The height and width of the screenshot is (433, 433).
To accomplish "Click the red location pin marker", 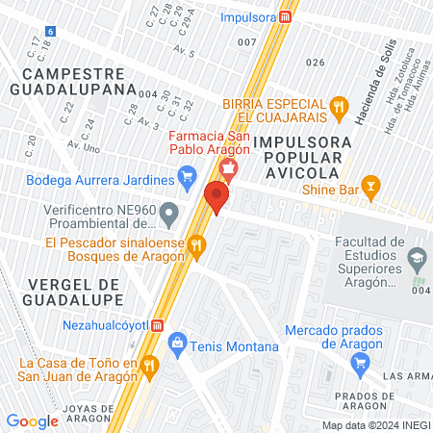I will (x=216, y=198).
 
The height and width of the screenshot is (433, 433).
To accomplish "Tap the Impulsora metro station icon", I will (x=286, y=17).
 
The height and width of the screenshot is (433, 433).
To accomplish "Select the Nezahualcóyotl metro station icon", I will (x=157, y=326).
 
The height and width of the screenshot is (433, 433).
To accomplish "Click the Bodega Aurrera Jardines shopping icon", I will (x=188, y=177).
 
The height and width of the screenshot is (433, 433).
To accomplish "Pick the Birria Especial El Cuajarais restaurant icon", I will (x=338, y=106).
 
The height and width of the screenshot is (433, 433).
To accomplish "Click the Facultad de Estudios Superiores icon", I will (x=417, y=258).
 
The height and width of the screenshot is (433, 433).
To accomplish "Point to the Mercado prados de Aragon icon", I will (x=361, y=362).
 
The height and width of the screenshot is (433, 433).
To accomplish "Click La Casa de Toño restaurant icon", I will (x=149, y=366).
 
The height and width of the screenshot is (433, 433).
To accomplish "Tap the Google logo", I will (x=32, y=420).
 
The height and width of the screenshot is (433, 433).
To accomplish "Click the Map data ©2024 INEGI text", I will (x=375, y=425).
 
